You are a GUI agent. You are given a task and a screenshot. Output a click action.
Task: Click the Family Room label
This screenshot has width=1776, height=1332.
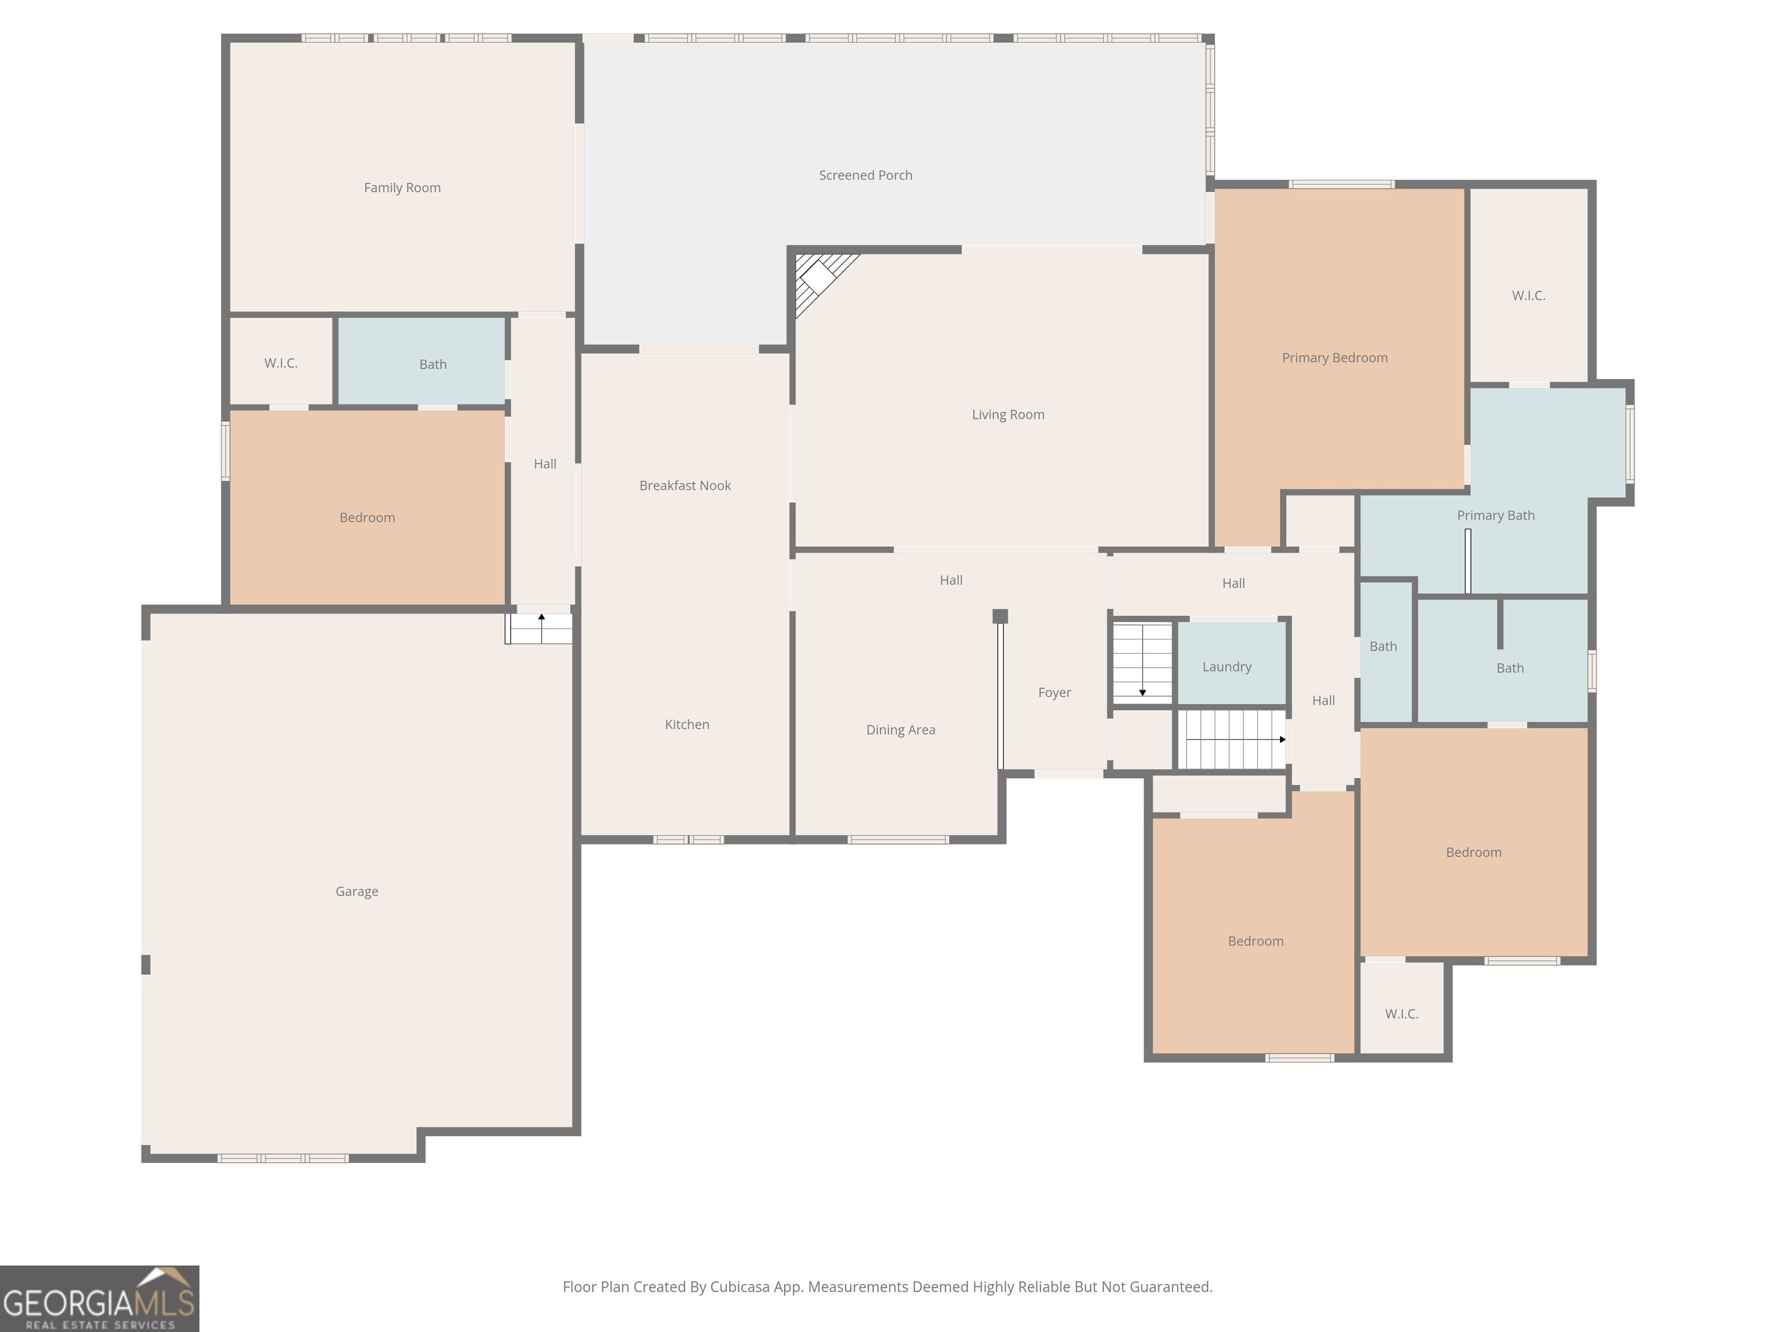402,188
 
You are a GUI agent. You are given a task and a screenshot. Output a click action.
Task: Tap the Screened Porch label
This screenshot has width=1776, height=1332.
865,175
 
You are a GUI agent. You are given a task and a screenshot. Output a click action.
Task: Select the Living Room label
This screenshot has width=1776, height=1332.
1008,415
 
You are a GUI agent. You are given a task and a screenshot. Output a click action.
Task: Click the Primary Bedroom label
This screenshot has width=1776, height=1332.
1334,358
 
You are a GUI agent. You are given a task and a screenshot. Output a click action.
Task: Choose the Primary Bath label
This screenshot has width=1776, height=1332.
1496,516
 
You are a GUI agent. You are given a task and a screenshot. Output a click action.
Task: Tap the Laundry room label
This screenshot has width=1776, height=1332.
1227,667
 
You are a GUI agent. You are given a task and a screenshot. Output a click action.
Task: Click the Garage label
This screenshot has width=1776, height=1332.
357,891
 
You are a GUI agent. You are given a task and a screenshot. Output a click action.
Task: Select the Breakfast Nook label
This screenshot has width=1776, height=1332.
685,486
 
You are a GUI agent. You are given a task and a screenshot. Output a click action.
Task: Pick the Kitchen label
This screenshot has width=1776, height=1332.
686,724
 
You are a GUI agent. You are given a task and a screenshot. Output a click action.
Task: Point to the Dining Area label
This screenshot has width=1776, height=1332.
900,730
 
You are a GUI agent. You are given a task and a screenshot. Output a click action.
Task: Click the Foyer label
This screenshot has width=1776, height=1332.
1054,693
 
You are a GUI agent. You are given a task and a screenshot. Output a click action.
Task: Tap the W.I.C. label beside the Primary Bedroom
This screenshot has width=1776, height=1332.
1529,295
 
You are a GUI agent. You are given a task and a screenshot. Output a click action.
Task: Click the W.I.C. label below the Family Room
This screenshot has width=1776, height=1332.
281,363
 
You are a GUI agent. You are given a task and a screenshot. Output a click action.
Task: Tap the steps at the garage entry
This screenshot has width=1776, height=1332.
539,628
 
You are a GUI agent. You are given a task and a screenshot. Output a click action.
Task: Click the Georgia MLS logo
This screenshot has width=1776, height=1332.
99,1298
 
